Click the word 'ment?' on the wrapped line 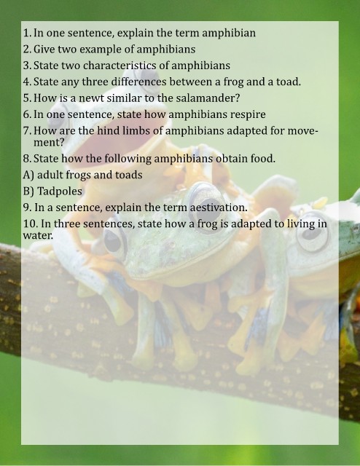click(49, 143)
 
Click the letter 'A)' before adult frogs click(28, 175)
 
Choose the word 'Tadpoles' click(60, 191)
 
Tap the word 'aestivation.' click(219, 207)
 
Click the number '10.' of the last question click(30, 224)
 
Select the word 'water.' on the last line click(38, 236)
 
